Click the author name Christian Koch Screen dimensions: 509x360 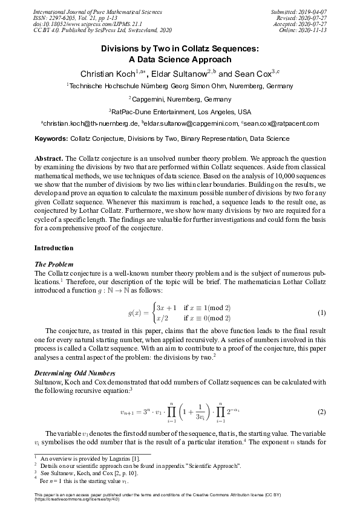106,74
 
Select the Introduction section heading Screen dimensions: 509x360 54,248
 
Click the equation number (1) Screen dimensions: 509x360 322,313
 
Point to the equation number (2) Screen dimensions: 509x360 322,412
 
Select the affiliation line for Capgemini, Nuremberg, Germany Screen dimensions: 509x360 181,99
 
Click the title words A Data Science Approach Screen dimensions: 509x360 180,59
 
